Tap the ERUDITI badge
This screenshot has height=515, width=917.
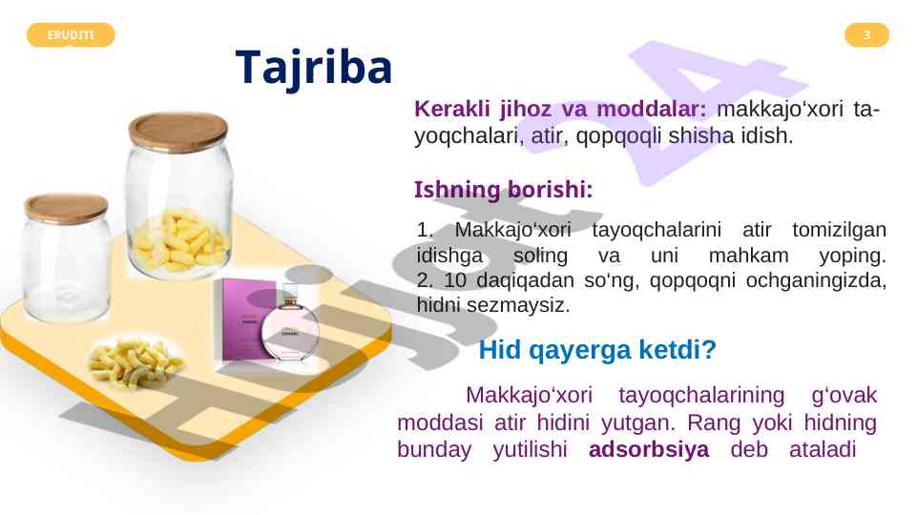pyautogui.click(x=71, y=35)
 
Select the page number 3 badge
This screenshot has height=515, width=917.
pyautogui.click(x=866, y=35)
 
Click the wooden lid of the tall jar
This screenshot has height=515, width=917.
pyautogui.click(x=177, y=131)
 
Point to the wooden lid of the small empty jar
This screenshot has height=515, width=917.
pyautogui.click(x=66, y=209)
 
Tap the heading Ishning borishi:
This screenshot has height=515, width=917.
pyautogui.click(x=504, y=190)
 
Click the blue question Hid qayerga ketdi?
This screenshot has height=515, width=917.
pyautogui.click(x=597, y=350)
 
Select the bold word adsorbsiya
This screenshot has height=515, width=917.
pyautogui.click(x=649, y=449)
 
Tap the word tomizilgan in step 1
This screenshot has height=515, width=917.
pyautogui.click(x=839, y=230)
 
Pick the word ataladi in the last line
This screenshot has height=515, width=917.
pyautogui.click(x=823, y=449)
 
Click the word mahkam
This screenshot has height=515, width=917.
pyautogui.click(x=748, y=256)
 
